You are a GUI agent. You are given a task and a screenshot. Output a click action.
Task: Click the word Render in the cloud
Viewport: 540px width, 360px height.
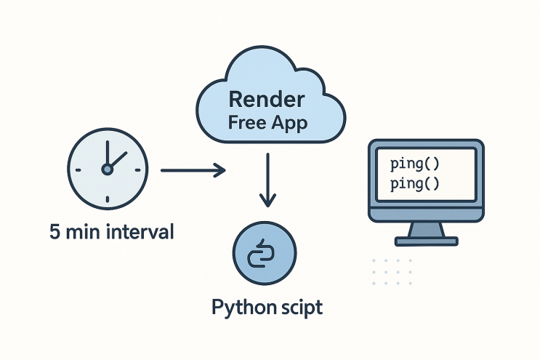tap(267, 99)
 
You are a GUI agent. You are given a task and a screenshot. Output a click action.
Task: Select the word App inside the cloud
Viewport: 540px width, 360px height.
tap(289, 124)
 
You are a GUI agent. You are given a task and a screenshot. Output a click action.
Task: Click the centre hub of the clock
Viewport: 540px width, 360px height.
tap(108, 169)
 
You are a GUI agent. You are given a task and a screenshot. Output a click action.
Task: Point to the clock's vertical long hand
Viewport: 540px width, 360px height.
tap(108, 153)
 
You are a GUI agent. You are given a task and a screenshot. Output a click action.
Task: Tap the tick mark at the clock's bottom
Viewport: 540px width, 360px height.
tap(108, 199)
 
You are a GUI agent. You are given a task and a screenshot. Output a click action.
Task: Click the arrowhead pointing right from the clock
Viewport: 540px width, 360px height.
tap(219, 170)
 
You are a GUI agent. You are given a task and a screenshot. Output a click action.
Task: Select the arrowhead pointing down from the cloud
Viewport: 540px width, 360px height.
tap(267, 200)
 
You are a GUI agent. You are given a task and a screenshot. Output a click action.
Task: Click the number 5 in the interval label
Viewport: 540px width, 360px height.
tap(55, 231)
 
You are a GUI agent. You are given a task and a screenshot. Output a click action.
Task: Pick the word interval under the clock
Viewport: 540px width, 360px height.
tap(140, 231)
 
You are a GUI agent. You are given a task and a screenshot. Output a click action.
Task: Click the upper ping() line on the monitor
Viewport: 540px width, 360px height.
tap(415, 164)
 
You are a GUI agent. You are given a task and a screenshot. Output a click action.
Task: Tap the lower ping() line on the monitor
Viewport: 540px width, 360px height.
tap(415, 183)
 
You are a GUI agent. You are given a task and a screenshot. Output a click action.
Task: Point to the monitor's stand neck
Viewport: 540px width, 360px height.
tap(426, 229)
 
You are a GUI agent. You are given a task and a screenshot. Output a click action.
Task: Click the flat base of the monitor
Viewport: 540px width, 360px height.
tap(427, 241)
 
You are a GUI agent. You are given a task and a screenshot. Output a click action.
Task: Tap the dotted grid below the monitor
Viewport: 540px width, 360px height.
tap(392, 272)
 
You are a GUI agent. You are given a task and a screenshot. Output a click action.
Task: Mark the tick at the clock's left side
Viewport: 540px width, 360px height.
tap(78, 170)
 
